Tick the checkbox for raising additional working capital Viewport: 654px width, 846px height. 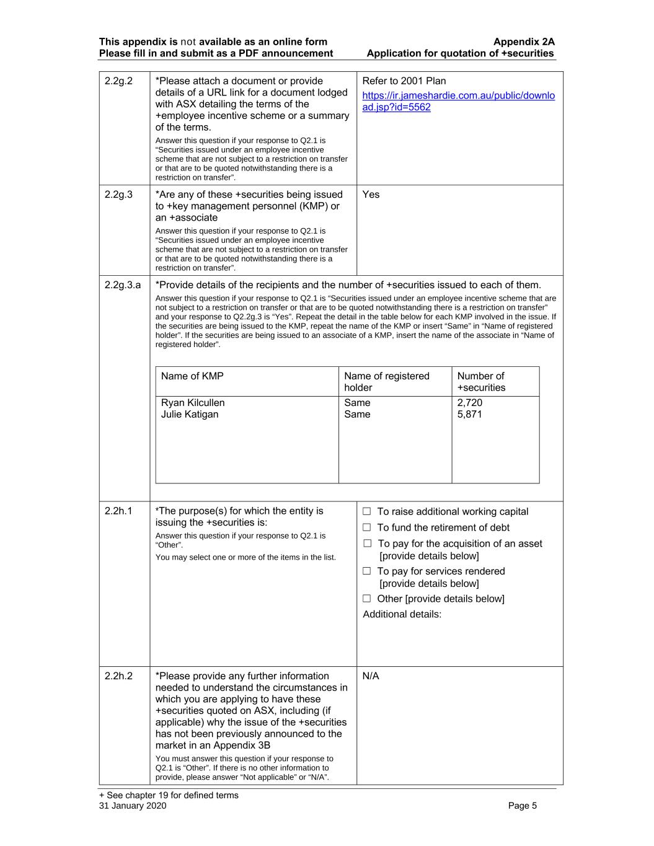(367, 511)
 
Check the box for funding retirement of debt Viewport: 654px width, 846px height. (367, 527)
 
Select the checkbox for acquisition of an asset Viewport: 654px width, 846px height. (367, 544)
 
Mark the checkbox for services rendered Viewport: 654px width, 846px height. (367, 571)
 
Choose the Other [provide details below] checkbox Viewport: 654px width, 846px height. (367, 599)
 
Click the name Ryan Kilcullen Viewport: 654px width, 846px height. (193, 403)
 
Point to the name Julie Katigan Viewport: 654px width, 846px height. (190, 415)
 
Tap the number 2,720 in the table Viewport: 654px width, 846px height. (469, 403)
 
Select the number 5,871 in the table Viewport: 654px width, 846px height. (469, 415)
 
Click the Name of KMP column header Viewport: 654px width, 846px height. (192, 376)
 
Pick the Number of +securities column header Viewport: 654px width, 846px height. (481, 382)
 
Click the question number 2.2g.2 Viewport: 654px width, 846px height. (118, 81)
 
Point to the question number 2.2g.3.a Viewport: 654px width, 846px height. (123, 285)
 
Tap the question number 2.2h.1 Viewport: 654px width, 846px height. (118, 511)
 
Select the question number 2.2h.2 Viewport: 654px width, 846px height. (118, 676)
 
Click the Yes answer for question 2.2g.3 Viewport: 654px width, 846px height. (371, 195)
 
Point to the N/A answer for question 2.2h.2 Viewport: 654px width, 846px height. (371, 676)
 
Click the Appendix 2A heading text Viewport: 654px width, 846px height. (524, 42)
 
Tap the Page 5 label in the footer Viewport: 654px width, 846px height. (523, 806)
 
